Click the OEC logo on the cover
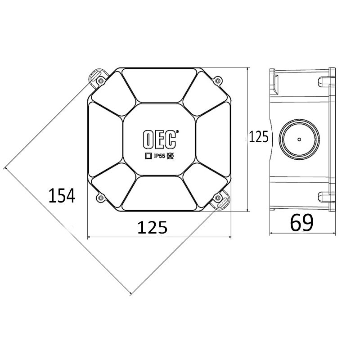pos(160,139)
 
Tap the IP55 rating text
pos(160,156)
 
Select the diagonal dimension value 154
pos(62,196)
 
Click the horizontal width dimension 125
pos(152,228)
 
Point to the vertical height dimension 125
pos(258,137)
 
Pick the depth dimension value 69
pos(301,223)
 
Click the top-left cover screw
pos(100,81)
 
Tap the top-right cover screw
pos(218,81)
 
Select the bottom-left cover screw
pos(100,198)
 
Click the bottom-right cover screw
pos(218,198)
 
